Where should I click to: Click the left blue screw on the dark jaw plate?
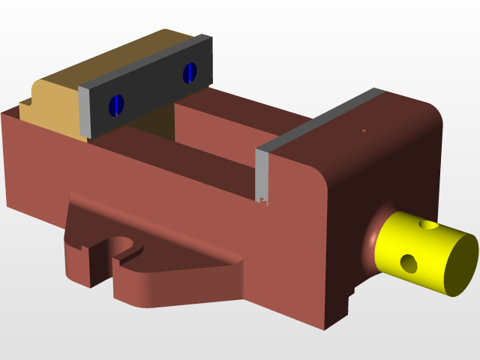(x=115, y=105)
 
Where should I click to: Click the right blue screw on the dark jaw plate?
(x=190, y=72)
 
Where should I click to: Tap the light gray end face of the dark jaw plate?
(x=85, y=112)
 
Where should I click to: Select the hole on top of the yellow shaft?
(x=428, y=224)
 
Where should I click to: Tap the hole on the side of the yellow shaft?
(x=409, y=262)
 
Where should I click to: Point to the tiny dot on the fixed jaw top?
(x=364, y=130)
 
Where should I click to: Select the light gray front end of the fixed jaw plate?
(x=262, y=176)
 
